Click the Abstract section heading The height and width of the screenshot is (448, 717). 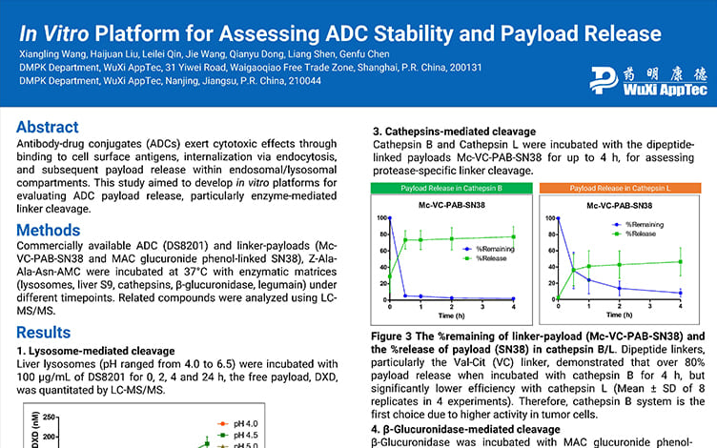(x=48, y=128)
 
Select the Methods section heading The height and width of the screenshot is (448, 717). (x=49, y=230)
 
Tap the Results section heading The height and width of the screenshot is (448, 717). (x=44, y=333)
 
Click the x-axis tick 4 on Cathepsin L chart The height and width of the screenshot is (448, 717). (x=680, y=306)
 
